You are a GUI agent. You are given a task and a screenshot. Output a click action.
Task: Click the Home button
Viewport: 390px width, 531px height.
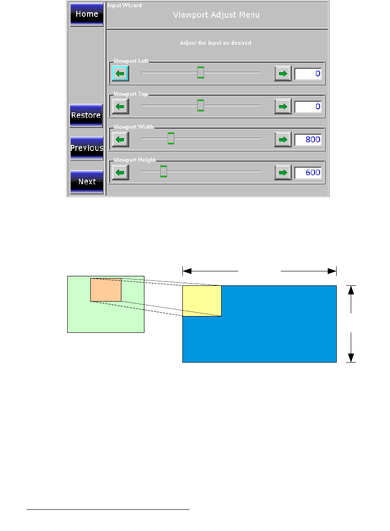coord(87,14)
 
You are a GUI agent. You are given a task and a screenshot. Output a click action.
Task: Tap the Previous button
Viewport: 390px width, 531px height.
coord(87,148)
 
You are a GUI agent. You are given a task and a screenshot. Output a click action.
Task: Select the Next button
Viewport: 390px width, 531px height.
coord(87,182)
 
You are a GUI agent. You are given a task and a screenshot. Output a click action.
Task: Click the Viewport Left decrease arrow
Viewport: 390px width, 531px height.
coord(120,74)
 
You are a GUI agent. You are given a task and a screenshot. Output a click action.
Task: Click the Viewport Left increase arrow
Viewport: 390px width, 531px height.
coord(283,74)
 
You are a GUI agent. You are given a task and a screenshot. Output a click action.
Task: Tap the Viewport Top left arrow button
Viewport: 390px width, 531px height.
coord(120,107)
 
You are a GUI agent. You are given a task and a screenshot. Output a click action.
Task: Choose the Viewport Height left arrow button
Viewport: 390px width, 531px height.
coord(120,172)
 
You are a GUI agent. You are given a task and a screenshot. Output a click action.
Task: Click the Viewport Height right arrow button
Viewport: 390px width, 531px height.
coord(283,172)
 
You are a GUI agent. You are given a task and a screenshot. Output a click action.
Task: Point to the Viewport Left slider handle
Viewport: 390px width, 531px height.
coord(201,72)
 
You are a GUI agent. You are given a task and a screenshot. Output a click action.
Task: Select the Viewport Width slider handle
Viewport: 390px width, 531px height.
coord(171,139)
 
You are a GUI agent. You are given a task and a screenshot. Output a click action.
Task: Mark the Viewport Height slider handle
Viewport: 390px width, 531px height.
coord(163,172)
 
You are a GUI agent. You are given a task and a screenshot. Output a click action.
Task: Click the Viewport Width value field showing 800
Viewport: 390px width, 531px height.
coord(308,140)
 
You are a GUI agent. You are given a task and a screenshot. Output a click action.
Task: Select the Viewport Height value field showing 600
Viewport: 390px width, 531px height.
coord(308,172)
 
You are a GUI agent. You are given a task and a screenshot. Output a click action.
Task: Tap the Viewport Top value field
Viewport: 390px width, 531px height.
coord(308,107)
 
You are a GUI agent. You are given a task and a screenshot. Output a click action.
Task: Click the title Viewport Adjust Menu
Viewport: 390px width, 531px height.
coord(216,15)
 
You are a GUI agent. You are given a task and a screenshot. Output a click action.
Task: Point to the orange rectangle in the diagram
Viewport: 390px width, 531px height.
coord(106,290)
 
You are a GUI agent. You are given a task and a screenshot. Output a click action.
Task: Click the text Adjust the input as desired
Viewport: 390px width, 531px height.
coord(215,43)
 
